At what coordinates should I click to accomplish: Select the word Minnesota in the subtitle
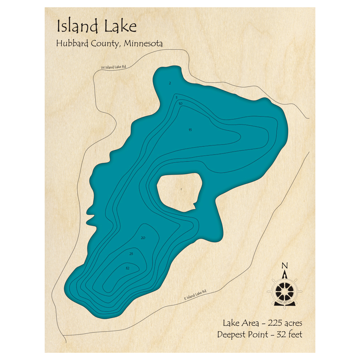coord(144,44)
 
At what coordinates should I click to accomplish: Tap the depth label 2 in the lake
coord(170,83)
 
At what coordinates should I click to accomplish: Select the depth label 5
coord(176,98)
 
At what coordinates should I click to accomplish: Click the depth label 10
coord(180,104)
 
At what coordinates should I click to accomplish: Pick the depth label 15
coord(190,130)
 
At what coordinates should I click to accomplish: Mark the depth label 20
coord(143,238)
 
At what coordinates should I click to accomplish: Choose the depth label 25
coord(131,254)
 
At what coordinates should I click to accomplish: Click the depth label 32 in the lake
coord(127,268)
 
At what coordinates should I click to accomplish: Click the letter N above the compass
coord(285,266)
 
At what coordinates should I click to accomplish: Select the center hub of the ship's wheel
coord(284,290)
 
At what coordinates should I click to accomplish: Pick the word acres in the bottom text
coord(293,323)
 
